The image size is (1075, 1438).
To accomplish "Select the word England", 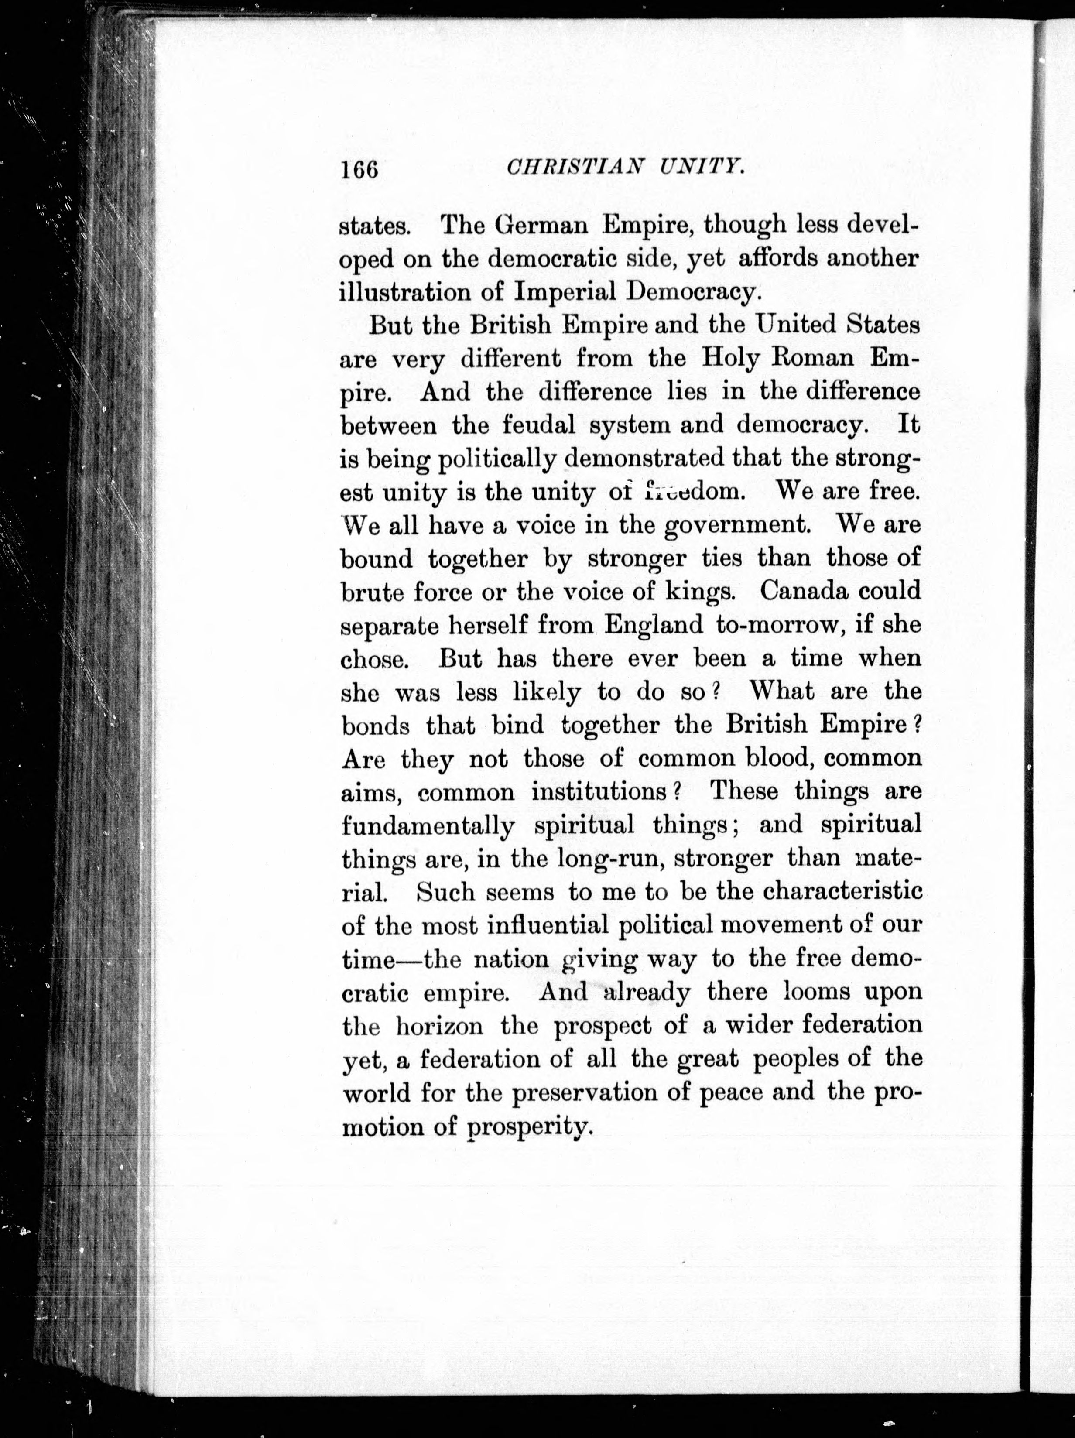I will click(654, 625).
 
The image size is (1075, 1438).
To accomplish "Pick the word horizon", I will click(439, 1026).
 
